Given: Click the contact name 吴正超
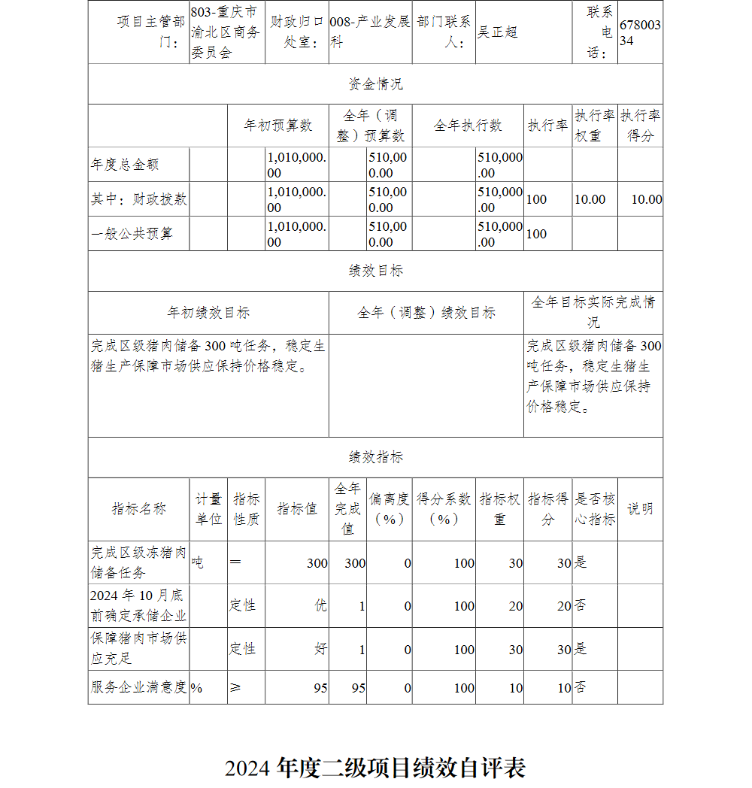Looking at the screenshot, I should coord(498,32).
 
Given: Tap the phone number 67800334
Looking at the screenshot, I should coord(640,33).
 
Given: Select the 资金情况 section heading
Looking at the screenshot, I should coord(375,84).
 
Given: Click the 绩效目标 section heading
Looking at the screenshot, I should coord(375,271).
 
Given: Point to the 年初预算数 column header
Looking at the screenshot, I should coord(277,126).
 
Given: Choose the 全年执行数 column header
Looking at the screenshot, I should coord(468,126).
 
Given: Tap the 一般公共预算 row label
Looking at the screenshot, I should coord(132,234).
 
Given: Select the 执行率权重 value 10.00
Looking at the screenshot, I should coord(590,199).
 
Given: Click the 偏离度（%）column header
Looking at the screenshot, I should coord(389,509).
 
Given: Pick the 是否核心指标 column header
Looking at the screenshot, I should coord(595,509).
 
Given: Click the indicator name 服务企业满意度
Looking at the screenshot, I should coord(138,687).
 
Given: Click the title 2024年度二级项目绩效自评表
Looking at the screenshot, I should coord(374,768).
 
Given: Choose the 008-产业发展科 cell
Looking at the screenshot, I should coord(371,32).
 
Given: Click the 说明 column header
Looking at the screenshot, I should coord(640,509).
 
